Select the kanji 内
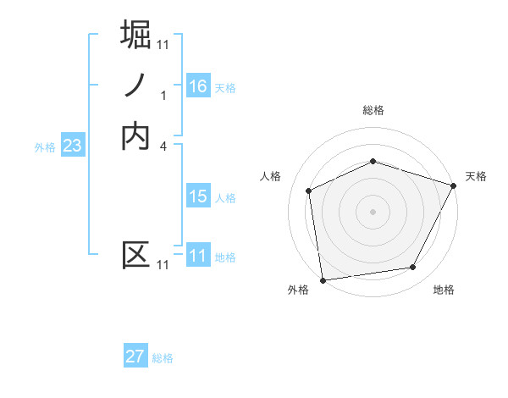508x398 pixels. (x=136, y=137)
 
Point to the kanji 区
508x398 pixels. (x=136, y=255)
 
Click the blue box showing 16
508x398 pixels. (x=198, y=86)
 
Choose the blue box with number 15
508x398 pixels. (x=198, y=196)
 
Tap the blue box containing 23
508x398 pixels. (x=72, y=146)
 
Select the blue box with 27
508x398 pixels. (x=135, y=357)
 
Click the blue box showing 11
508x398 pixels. (x=198, y=255)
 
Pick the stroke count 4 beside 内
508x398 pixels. (x=163, y=146)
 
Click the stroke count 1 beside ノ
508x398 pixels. (x=163, y=95)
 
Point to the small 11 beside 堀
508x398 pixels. (x=163, y=43)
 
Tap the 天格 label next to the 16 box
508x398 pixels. (x=225, y=87)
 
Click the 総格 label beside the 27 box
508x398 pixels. (x=163, y=358)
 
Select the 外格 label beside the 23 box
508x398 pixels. (x=45, y=147)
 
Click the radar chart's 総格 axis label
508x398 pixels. (x=373, y=110)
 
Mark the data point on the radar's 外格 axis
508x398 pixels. (x=323, y=279)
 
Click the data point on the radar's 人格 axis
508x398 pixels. (x=309, y=191)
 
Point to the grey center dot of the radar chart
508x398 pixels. (x=373, y=211)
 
